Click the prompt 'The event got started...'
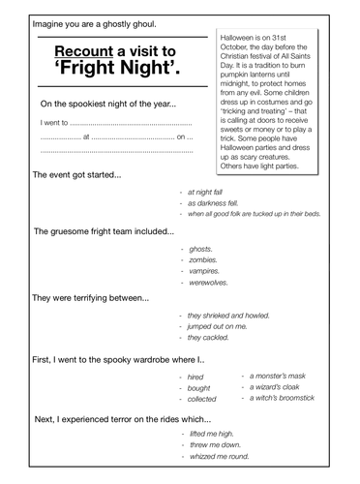pyautogui.click(x=77, y=175)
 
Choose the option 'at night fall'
pyautogui.click(x=209, y=192)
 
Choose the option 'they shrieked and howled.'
pyautogui.click(x=229, y=316)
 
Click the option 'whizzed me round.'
pyautogui.click(x=220, y=456)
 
